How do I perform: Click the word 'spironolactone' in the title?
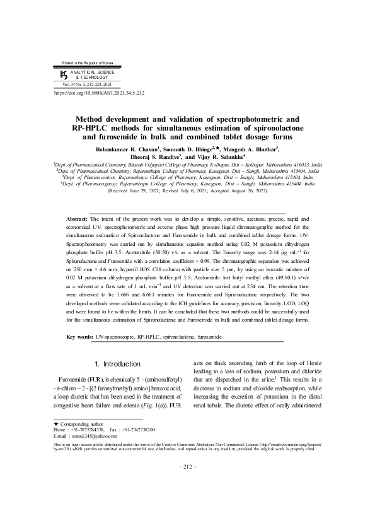271,128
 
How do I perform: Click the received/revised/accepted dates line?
187,190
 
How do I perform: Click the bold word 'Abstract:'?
78,218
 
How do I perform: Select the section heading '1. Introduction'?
117,365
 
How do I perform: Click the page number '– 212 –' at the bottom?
187,466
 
